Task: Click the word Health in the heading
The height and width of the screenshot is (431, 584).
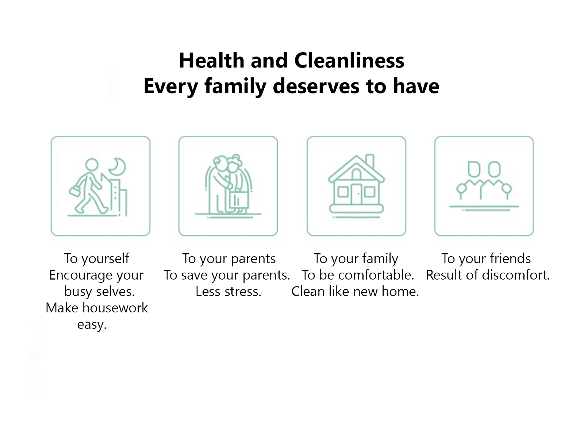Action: click(212, 60)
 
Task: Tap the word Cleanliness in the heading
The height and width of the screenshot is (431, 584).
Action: click(349, 60)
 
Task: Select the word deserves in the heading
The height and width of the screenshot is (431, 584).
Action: click(316, 86)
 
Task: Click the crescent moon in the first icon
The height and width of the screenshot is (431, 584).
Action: click(118, 167)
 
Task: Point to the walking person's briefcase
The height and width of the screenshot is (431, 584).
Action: click(75, 191)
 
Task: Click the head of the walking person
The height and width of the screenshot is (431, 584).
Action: click(92, 165)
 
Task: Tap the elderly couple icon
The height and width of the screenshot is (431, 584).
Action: click(228, 186)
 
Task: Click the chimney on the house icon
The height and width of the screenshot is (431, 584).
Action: click(370, 161)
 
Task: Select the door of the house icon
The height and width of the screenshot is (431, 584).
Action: click(357, 194)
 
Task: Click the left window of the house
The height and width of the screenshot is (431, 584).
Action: click(343, 192)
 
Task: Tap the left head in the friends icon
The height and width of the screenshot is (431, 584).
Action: click(474, 169)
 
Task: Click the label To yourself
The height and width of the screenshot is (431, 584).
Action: click(97, 258)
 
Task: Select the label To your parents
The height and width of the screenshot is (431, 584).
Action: click(229, 258)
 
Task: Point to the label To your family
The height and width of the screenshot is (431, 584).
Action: click(356, 258)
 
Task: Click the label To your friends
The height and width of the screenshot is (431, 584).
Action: click(486, 258)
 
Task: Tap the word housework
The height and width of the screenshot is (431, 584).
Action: click(115, 308)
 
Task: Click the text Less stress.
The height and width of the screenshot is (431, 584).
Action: click(228, 292)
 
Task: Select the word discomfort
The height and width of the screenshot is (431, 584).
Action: click(516, 275)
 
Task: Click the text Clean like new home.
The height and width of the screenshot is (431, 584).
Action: click(355, 292)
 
